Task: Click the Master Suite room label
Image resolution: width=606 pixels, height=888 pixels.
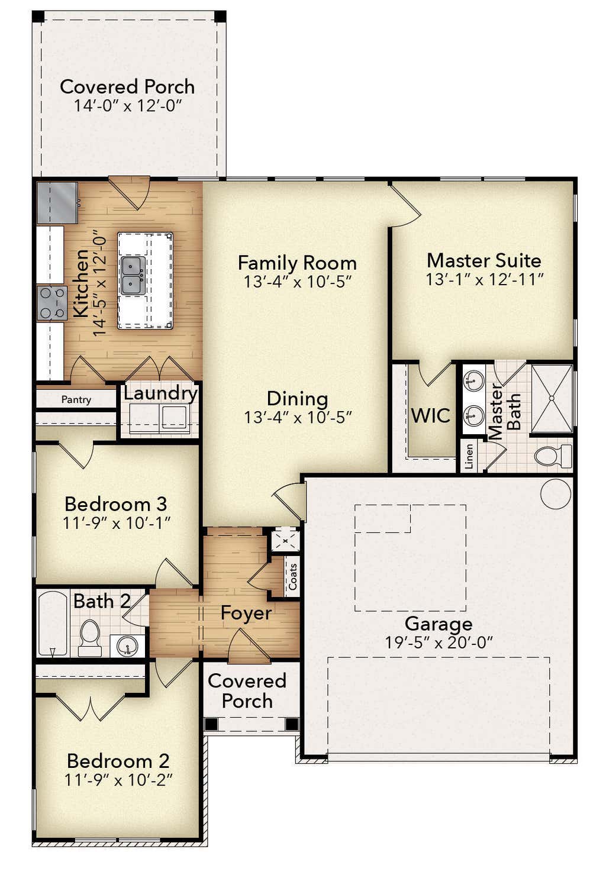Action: tap(484, 260)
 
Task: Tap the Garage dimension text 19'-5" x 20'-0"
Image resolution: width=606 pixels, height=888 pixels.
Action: tap(439, 642)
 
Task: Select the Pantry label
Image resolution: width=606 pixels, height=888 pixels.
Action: tap(76, 399)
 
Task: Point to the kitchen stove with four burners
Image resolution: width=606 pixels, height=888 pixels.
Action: tap(52, 303)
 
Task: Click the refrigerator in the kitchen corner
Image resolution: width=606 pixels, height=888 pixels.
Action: tap(57, 203)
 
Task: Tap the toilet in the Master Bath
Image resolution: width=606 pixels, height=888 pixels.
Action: tap(553, 456)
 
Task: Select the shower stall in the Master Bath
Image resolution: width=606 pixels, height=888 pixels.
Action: tap(552, 399)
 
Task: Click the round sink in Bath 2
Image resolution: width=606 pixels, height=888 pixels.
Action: tap(128, 646)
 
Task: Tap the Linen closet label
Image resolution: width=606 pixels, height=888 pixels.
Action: tap(469, 456)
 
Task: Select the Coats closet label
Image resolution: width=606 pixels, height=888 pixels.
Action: tap(293, 577)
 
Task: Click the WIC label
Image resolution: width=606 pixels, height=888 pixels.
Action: tap(431, 415)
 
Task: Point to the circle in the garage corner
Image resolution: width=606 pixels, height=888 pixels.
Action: tap(556, 493)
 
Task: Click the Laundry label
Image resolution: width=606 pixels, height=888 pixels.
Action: tap(160, 394)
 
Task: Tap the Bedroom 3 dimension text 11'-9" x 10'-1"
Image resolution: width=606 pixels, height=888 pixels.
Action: tap(117, 524)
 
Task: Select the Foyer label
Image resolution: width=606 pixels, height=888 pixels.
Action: tap(246, 613)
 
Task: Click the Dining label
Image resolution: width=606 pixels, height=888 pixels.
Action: tap(298, 399)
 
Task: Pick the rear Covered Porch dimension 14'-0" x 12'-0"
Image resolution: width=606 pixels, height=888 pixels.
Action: tap(128, 106)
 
